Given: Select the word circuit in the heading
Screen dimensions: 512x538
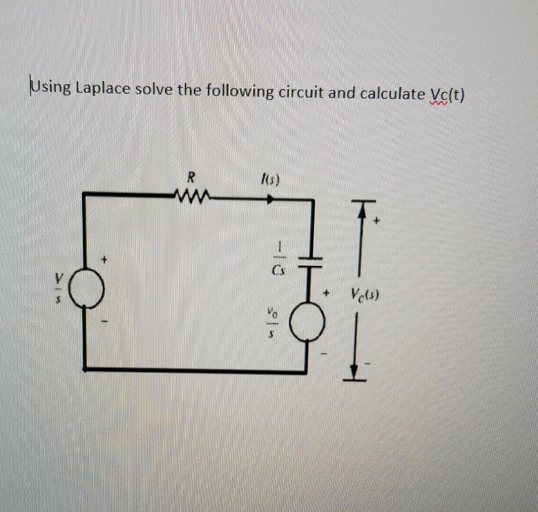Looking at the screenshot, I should pos(302,92).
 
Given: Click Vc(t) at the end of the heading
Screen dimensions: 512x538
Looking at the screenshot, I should pos(446,95).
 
